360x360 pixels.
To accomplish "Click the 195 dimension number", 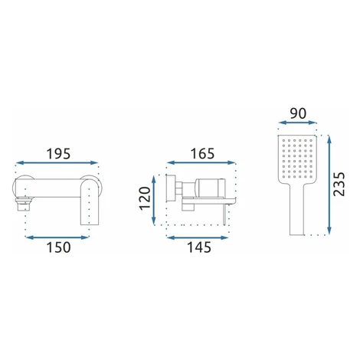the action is (x=58, y=154).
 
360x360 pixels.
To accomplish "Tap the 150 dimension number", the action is (x=58, y=247).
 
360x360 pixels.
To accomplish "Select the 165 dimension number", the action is (x=203, y=154).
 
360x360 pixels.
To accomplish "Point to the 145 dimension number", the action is (x=199, y=247).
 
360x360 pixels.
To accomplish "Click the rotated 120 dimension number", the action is (x=145, y=198).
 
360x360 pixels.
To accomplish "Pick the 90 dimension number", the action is (x=298, y=113).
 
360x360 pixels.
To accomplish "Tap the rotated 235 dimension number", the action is (x=339, y=185).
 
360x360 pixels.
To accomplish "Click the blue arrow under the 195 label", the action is (x=57, y=162).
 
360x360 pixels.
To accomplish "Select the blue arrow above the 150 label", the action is (x=57, y=237).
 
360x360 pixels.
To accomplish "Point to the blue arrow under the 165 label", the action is (x=201, y=162).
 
